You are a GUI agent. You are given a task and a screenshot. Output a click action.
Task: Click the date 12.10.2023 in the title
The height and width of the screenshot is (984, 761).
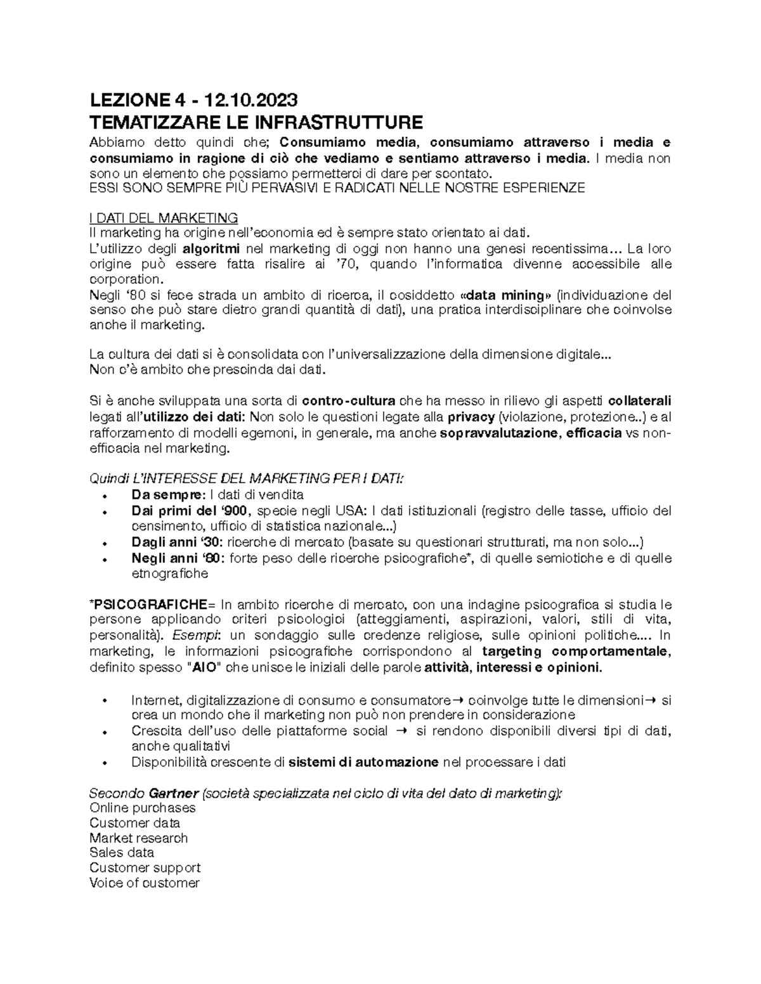pyautogui.click(x=250, y=100)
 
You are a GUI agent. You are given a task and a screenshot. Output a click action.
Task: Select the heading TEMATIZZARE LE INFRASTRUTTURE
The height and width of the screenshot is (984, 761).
pyautogui.click(x=256, y=122)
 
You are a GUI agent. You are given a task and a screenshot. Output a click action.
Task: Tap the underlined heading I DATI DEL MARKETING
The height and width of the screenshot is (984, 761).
pyautogui.click(x=164, y=219)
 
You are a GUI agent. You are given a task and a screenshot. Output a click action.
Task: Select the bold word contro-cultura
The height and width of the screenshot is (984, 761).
pyautogui.click(x=349, y=401)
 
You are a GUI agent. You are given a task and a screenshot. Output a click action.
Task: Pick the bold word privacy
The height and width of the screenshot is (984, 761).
pyautogui.click(x=471, y=417)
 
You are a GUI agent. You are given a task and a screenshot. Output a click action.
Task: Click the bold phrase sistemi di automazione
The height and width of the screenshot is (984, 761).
pyautogui.click(x=363, y=762)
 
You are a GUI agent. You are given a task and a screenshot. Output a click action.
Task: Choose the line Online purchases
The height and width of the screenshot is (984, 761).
pyautogui.click(x=143, y=808)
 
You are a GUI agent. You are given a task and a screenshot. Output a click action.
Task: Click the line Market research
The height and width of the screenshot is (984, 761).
pyautogui.click(x=139, y=838)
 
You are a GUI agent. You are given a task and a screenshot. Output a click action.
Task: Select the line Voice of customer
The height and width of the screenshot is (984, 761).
pyautogui.click(x=145, y=883)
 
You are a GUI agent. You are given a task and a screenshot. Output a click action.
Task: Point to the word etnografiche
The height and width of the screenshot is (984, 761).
pyautogui.click(x=169, y=574)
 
